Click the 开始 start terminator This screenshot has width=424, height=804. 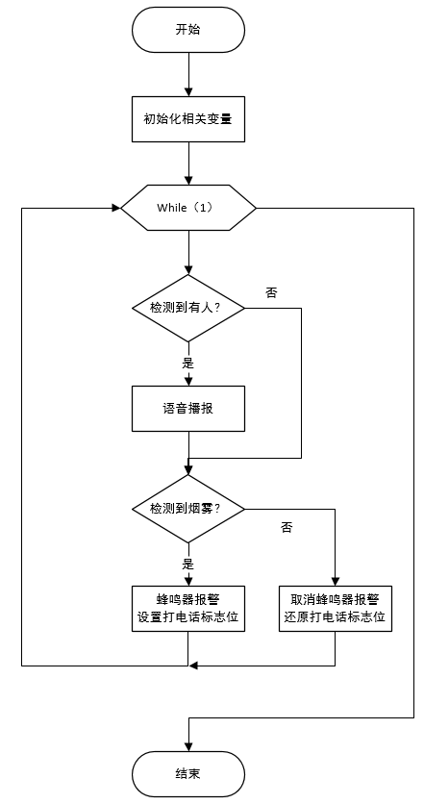click(188, 30)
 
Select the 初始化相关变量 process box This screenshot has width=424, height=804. click(188, 121)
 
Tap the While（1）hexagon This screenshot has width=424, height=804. click(188, 207)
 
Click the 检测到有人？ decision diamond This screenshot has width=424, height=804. click(188, 308)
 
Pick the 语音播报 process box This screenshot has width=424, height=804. click(188, 409)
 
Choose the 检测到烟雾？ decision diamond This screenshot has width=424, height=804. click(188, 508)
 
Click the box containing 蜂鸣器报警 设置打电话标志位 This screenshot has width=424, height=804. click(188, 608)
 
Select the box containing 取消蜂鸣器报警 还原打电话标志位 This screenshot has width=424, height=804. click(336, 608)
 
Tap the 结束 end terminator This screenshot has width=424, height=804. click(188, 772)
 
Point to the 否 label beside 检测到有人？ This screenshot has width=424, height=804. click(271, 291)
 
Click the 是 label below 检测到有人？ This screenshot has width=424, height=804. click(188, 364)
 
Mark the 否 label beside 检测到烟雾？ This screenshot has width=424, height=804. click(286, 528)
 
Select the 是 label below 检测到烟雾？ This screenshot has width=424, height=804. click(188, 564)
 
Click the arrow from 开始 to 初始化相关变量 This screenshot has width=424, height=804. click(188, 75)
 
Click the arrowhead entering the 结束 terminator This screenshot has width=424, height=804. click(188, 746)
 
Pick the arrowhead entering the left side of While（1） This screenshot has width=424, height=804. click(114, 207)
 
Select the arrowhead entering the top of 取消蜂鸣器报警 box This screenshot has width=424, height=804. click(336, 579)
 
